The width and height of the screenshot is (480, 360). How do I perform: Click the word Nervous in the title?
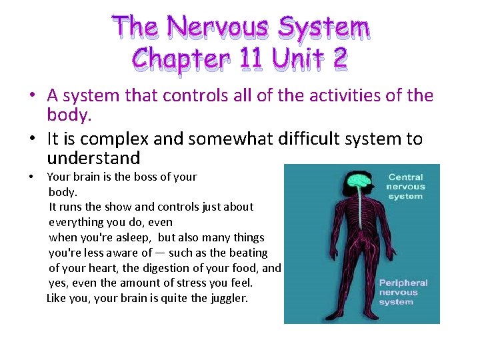click(219, 28)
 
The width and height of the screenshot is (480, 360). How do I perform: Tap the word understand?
click(93, 159)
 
